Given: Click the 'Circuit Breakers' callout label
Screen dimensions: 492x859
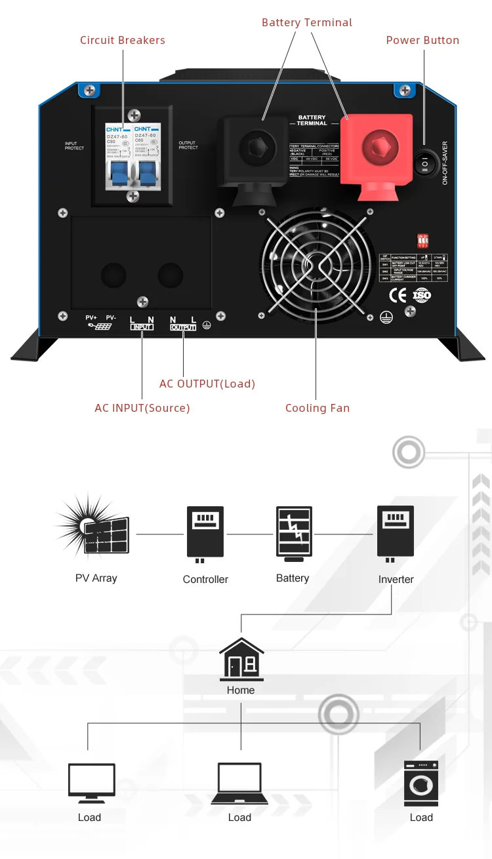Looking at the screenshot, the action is coord(123,40).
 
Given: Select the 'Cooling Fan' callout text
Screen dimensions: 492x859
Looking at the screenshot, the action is coord(318,408).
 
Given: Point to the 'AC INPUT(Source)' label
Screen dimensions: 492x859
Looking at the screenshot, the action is coord(142,408).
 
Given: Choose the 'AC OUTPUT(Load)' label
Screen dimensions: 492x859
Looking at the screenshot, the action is coord(207,384).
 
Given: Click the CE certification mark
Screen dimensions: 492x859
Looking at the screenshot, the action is coord(398,295).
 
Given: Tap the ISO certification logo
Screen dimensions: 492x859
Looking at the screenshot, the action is coord(422,295).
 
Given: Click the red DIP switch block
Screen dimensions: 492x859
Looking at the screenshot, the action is coord(422,241).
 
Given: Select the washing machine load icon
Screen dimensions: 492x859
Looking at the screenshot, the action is coord(421,783).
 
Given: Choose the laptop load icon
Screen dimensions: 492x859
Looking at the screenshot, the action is coord(239,784).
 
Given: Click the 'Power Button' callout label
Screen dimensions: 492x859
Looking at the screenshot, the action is coord(422,40).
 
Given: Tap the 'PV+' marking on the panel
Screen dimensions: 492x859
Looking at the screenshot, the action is coord(91,318).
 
